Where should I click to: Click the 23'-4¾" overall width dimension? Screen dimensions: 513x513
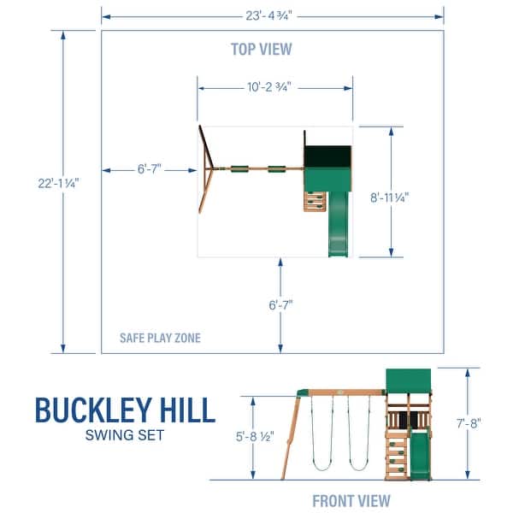tap(272, 14)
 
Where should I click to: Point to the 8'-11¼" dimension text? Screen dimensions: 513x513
tap(391, 195)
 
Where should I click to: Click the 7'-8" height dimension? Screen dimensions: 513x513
tap(468, 422)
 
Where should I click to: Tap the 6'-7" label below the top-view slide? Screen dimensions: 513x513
tap(280, 303)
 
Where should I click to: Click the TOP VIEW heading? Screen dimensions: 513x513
tap(261, 49)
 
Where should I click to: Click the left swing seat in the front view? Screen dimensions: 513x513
tap(320, 467)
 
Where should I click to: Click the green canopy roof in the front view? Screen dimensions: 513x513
tap(409, 379)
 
